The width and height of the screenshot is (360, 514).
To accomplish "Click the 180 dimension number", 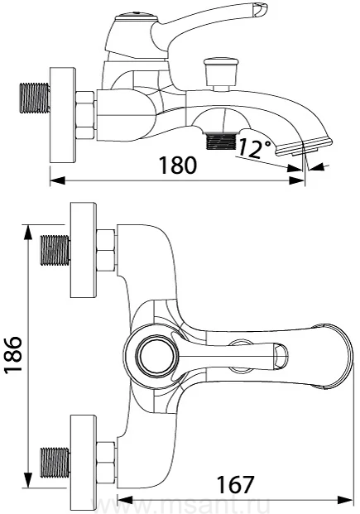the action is tap(178, 165).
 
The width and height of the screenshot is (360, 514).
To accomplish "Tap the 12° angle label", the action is tap(254, 147).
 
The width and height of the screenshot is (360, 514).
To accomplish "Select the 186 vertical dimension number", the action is tap(13, 354).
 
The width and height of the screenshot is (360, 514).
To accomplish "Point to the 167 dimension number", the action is tap(236, 484).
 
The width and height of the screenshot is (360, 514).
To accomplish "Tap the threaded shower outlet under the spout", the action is tap(221, 141).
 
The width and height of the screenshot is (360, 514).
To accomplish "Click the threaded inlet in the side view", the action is tap(35, 98).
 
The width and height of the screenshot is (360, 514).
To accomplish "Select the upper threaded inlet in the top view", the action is tap(55, 250).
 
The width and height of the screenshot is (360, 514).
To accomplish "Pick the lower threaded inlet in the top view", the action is tap(55, 462).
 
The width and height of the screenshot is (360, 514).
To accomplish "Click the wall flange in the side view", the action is tap(63, 115).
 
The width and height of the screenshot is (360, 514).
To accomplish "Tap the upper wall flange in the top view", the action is tap(84, 250).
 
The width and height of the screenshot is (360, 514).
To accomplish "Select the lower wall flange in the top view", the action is tap(84, 462).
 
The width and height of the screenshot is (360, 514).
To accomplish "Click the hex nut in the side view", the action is tap(86, 115).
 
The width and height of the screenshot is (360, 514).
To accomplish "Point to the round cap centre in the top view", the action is tap(158, 356).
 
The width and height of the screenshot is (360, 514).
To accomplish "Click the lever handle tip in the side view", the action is tap(260, 10).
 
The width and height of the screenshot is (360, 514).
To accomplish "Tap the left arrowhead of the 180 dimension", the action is tap(57, 180).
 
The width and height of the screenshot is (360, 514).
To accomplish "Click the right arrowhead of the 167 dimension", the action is tap(345, 500).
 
